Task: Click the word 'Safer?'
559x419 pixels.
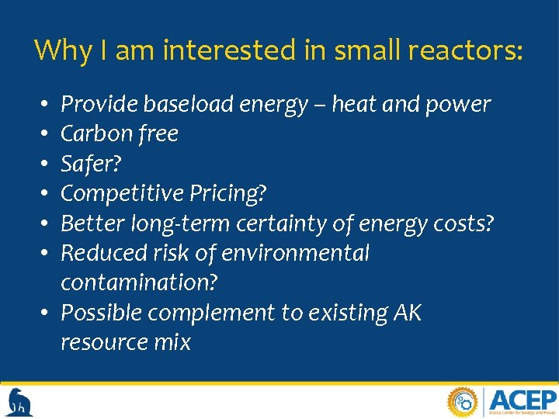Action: click(x=92, y=164)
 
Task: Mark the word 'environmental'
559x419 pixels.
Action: click(x=294, y=253)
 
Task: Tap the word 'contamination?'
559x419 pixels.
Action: click(x=139, y=282)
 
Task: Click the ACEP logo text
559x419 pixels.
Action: click(x=522, y=400)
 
